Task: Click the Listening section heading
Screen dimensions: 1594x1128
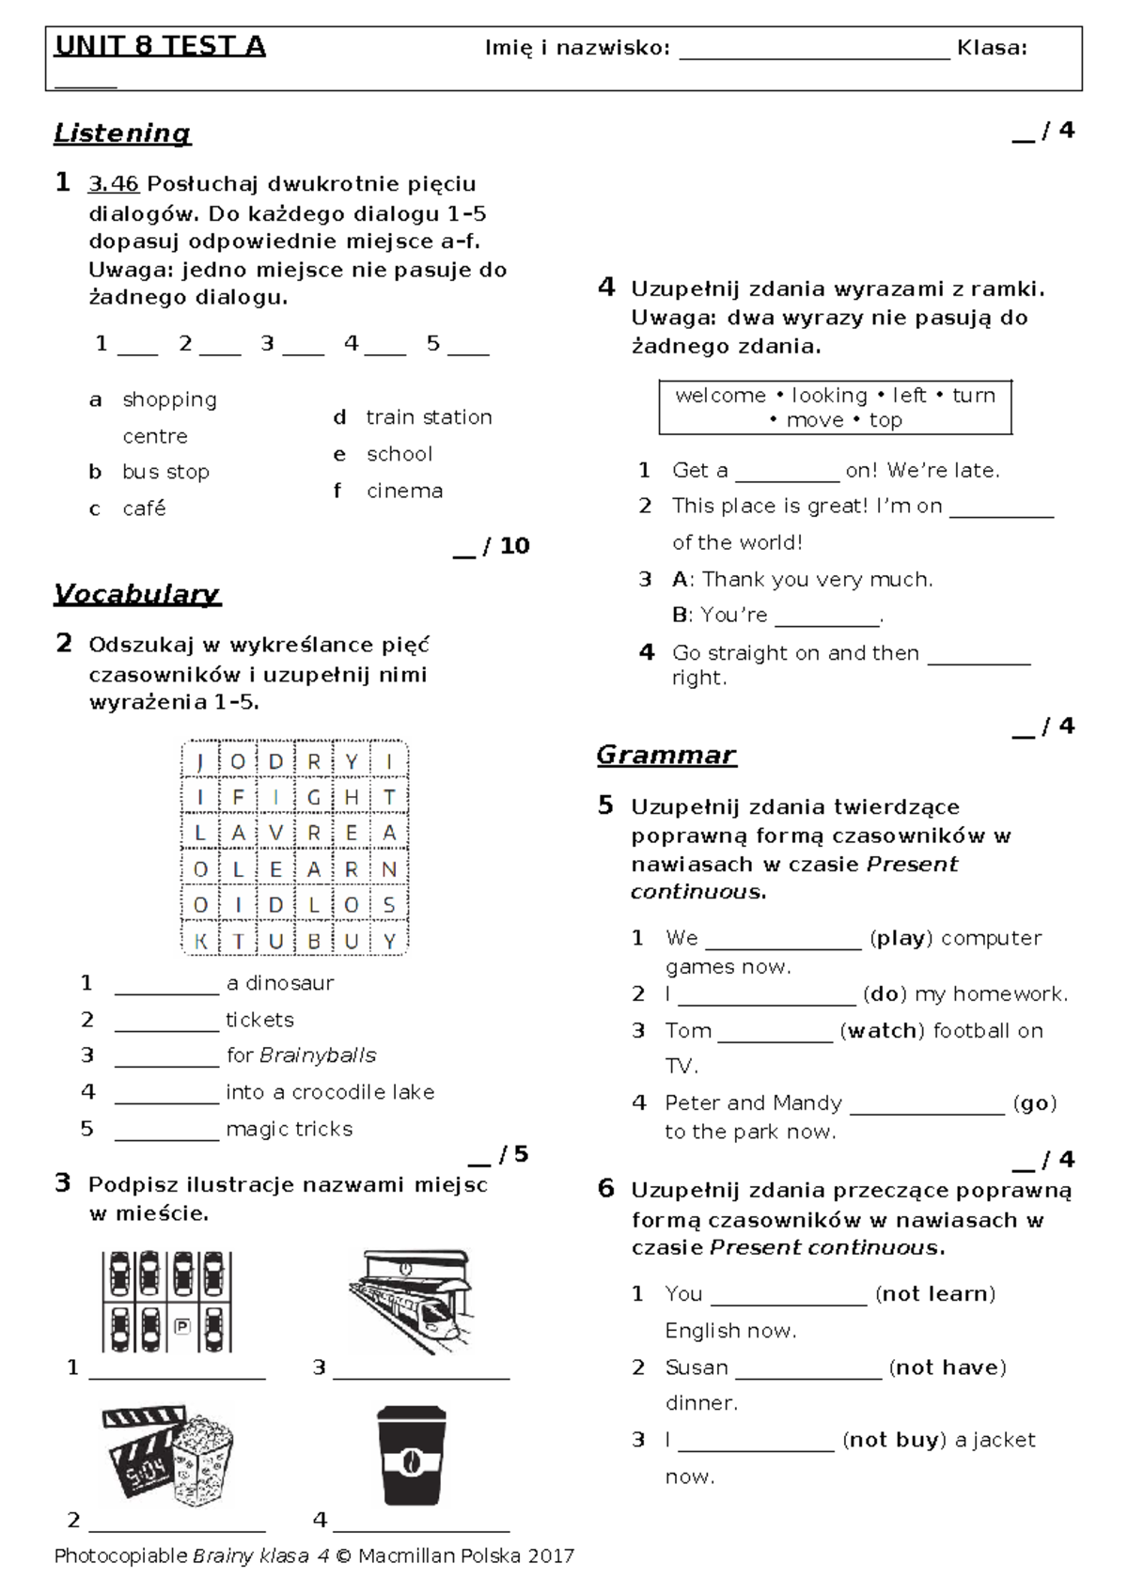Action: [x=122, y=133]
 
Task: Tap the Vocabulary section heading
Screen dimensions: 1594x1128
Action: [x=137, y=594]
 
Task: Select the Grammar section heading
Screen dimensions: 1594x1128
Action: [x=666, y=756]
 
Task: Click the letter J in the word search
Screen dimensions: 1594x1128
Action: [x=200, y=761]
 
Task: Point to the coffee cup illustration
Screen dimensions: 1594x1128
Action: [x=411, y=1457]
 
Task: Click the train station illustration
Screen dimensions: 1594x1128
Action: [x=410, y=1301]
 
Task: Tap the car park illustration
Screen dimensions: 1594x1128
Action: [x=166, y=1301]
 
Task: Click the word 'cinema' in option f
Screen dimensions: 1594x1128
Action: [x=404, y=491]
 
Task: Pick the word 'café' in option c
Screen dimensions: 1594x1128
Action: [x=144, y=508]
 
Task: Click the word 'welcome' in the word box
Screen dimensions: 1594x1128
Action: [x=720, y=396]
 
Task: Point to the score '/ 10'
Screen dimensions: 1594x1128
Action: [x=506, y=546]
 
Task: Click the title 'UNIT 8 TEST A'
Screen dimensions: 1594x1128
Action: [x=160, y=47]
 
